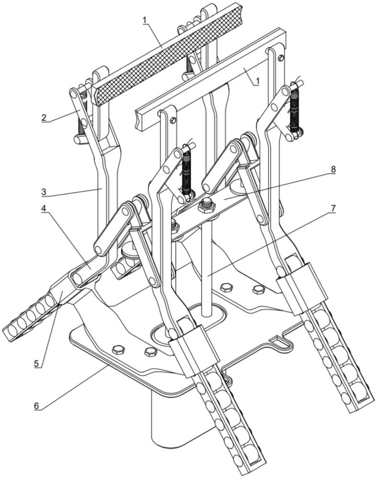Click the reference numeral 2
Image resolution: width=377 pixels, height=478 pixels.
[44, 117]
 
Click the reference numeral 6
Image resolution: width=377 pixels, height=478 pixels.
[37, 406]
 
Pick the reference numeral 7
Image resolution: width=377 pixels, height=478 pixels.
[333, 208]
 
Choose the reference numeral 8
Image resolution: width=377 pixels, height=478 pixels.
[333, 170]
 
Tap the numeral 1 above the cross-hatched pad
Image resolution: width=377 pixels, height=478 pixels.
[144, 21]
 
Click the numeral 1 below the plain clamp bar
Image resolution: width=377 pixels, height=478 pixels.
[257, 81]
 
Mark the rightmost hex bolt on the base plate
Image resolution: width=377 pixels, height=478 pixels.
[258, 289]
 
